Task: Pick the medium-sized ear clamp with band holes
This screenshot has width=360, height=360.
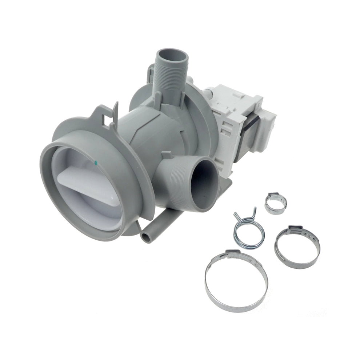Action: pos(297,247)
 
